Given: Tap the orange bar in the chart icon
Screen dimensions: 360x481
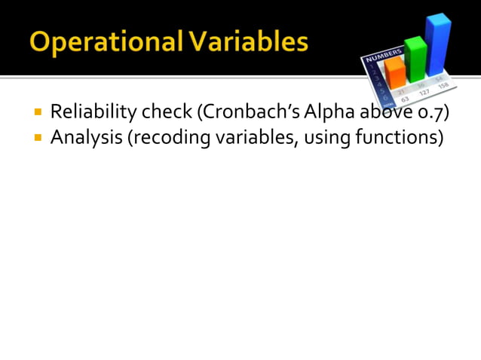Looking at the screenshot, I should point(395,72).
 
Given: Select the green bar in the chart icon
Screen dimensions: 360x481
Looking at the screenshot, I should point(415,59).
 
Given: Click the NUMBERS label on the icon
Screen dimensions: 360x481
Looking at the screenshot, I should point(380,57).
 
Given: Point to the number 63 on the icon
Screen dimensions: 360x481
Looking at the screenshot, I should point(404,98).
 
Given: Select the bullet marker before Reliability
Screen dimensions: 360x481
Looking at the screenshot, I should point(37,114).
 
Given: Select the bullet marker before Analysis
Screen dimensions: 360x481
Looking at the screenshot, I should point(37,139).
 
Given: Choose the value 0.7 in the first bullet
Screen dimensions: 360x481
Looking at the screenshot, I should point(433,114).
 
